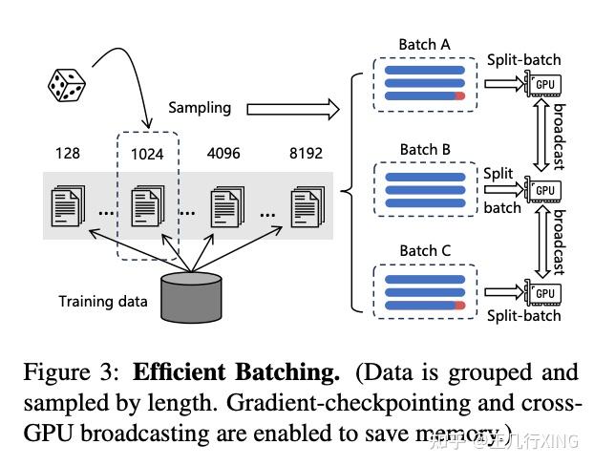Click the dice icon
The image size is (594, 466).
[x=68, y=84]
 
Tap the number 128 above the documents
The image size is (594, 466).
[x=67, y=153]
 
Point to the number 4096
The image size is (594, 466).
[x=226, y=153]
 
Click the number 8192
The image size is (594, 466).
[x=308, y=153]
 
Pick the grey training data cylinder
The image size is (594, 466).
[x=190, y=297]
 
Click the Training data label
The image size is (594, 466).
[x=103, y=302]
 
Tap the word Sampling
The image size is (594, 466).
[x=200, y=108]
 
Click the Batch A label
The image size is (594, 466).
[x=424, y=45]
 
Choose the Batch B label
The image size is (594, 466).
[x=424, y=149]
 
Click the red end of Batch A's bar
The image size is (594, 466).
[x=459, y=97]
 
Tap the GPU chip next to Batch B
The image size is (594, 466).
[x=544, y=190]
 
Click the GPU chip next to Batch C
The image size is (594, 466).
[x=544, y=292]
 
